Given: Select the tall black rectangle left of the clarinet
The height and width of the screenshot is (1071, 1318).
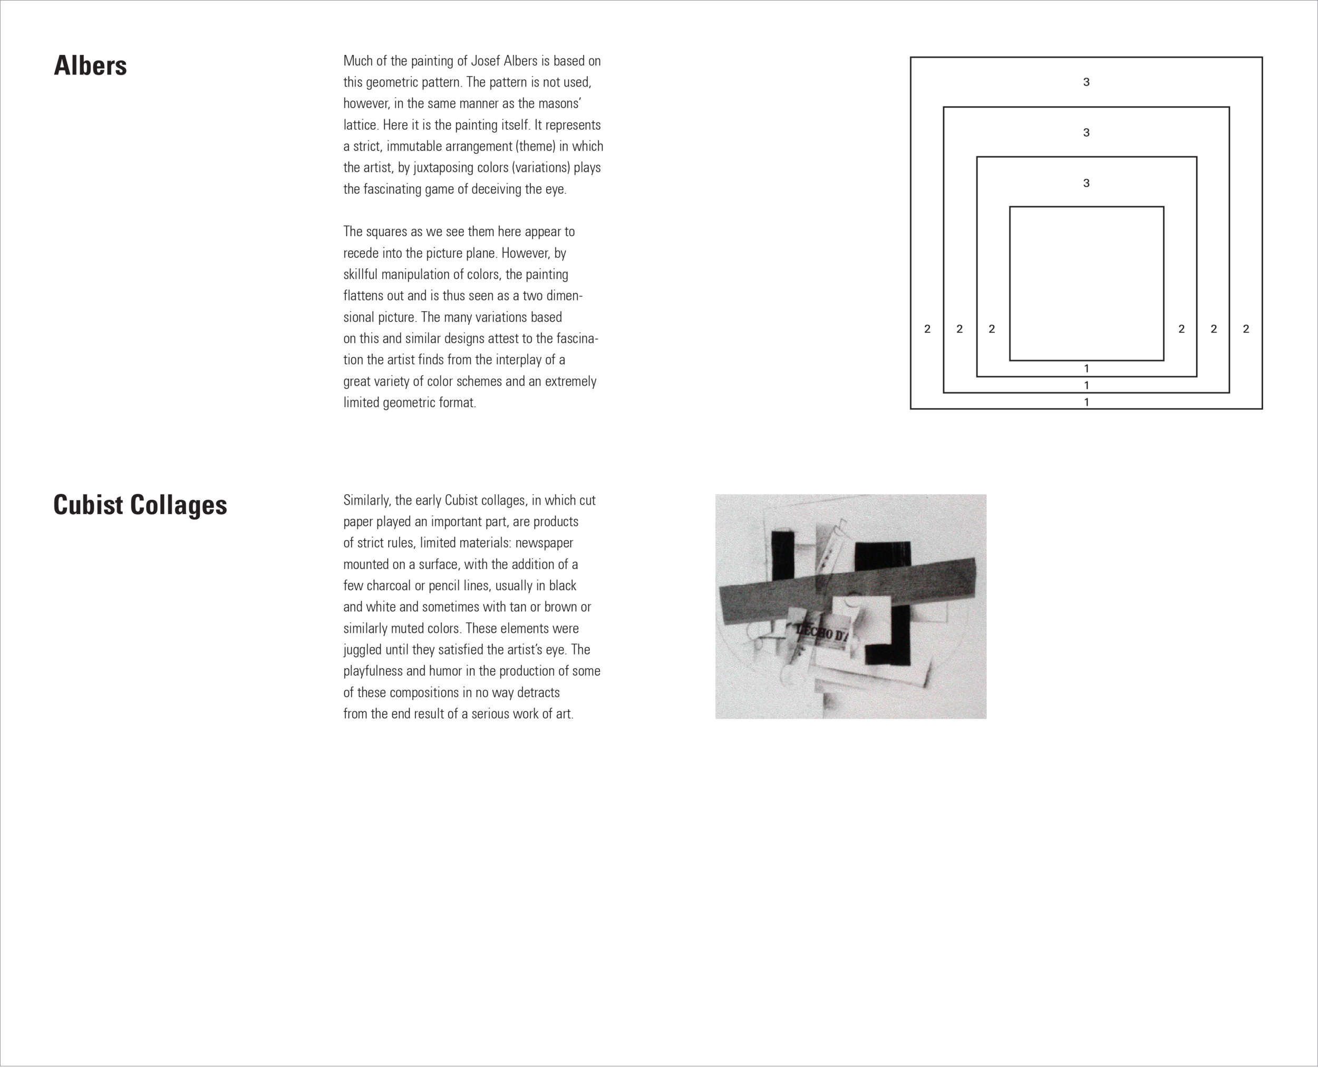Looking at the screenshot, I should pyautogui.click(x=783, y=555).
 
